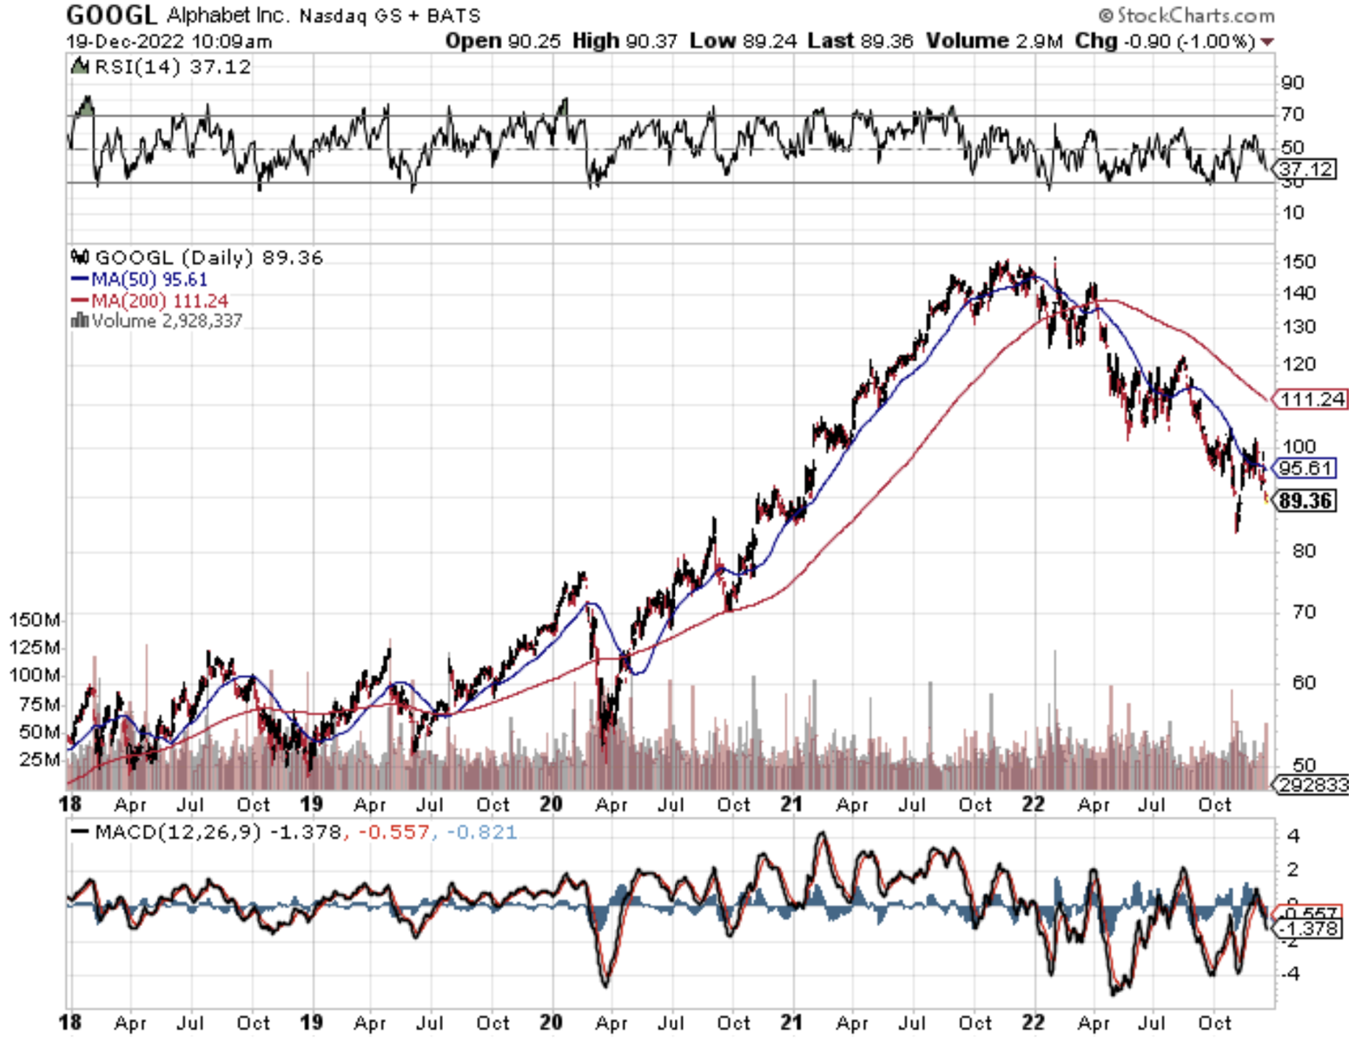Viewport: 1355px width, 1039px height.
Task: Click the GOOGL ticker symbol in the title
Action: [x=111, y=15]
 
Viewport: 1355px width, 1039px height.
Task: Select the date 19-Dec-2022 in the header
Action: [x=124, y=41]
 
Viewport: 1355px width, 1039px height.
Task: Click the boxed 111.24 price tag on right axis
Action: [x=1312, y=399]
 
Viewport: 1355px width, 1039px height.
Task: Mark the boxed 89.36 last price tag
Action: [x=1305, y=500]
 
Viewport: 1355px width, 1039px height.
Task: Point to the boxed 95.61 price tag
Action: [x=1305, y=468]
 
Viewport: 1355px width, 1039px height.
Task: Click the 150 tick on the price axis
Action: [x=1299, y=261]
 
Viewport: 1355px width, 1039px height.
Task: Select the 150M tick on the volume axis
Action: [x=35, y=619]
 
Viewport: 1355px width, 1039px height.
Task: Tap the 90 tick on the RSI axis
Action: [x=1292, y=83]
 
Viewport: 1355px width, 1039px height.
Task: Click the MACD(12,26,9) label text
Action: [x=177, y=832]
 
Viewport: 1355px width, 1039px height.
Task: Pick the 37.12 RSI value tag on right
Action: [x=1306, y=169]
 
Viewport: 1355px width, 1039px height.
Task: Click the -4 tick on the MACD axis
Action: [x=1292, y=974]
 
